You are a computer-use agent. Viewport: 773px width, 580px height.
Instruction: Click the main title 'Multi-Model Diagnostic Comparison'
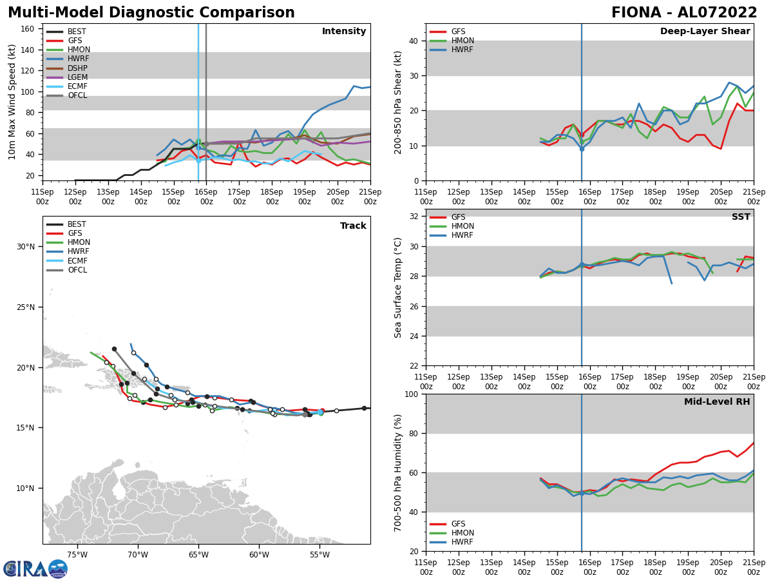pyautogui.click(x=151, y=13)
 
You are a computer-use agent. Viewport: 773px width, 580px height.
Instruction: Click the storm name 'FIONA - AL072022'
pyautogui.click(x=684, y=13)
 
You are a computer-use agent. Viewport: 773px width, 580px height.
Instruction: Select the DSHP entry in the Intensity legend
pyautogui.click(x=77, y=68)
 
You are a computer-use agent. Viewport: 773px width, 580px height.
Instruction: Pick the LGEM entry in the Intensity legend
pyautogui.click(x=77, y=77)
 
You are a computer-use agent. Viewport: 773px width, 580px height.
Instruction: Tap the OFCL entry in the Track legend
pyautogui.click(x=77, y=270)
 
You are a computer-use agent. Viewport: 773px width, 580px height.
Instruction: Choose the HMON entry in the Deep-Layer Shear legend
pyautogui.click(x=463, y=41)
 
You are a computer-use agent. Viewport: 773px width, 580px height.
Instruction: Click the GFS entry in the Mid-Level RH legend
pyautogui.click(x=458, y=524)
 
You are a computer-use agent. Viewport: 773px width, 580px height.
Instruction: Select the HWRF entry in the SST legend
pyautogui.click(x=463, y=235)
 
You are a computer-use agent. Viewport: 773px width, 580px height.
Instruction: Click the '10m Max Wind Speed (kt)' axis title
pyautogui.click(x=12, y=102)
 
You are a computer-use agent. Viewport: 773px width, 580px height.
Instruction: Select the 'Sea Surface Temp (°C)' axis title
pyautogui.click(x=398, y=287)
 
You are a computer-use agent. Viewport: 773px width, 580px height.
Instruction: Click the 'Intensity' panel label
pyautogui.click(x=344, y=32)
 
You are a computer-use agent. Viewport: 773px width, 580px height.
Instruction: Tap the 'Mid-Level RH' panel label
pyautogui.click(x=717, y=402)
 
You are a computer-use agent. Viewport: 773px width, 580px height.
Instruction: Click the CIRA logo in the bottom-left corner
pyautogui.click(x=35, y=568)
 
